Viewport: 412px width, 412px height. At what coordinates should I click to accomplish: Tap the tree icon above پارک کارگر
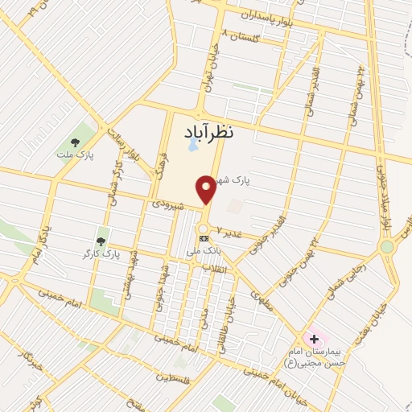[x=101, y=241]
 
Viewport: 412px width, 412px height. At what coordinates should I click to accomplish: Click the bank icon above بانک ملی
[x=204, y=238]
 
